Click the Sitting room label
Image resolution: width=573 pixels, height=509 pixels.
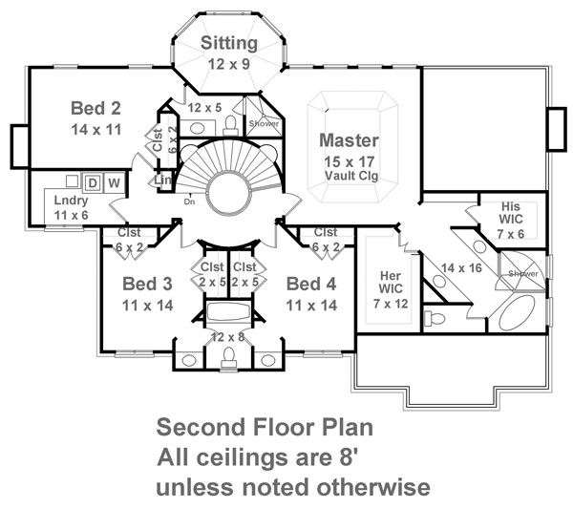coord(229,44)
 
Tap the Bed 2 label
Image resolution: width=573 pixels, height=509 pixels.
coord(95,108)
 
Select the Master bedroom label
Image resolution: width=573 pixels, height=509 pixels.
coord(349,140)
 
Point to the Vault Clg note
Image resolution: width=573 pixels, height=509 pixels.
coord(351,176)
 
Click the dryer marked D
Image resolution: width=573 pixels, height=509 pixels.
coord(93,182)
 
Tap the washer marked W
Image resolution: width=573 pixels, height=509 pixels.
coord(115,182)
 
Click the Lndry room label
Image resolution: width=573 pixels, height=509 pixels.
coord(71,201)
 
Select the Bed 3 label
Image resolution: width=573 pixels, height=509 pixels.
coord(147,284)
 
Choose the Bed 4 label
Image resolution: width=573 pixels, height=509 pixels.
coord(311,284)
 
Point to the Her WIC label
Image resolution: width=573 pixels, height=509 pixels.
coord(391,282)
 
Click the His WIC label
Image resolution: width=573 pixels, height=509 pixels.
coord(511,213)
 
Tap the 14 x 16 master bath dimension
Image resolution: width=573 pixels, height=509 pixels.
coord(461,267)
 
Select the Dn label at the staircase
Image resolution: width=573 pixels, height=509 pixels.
coord(189,201)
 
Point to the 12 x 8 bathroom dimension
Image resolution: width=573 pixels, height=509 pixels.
coord(227,337)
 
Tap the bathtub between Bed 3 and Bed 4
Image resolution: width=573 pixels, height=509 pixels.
coord(228,311)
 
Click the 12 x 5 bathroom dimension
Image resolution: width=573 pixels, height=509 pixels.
coord(204,108)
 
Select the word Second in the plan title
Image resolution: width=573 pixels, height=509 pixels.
coord(201,427)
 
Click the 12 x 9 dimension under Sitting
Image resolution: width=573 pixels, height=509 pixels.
coord(229,64)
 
